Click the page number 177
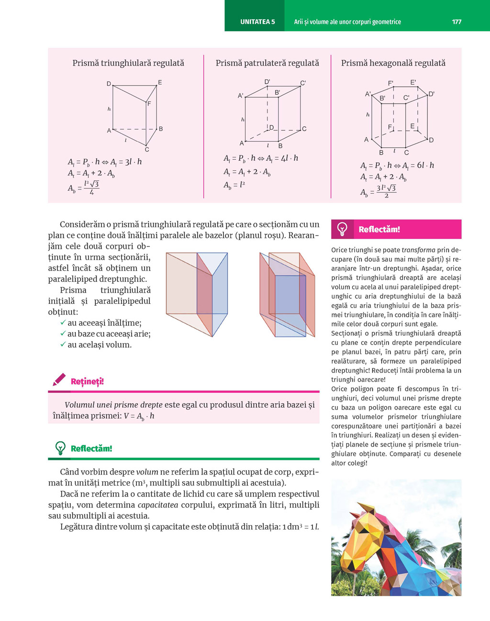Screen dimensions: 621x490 (457, 22)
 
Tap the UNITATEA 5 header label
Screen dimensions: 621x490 (257, 22)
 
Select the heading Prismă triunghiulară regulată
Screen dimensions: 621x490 (128, 63)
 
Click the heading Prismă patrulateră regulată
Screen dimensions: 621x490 (267, 63)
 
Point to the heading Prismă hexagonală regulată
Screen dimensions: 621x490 (393, 63)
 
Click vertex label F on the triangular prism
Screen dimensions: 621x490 (149, 103)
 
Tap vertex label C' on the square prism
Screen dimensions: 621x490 (303, 83)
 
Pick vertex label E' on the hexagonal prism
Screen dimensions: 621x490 (413, 82)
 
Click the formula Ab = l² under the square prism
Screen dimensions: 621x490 (234, 185)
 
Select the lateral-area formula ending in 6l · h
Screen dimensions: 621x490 (397, 166)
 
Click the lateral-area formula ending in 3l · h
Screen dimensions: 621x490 (105, 162)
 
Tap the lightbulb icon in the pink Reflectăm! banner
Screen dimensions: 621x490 (343, 229)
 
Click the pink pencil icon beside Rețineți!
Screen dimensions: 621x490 (59, 380)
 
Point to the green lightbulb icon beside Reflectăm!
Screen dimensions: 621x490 (60, 448)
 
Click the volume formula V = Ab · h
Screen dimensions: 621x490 (139, 416)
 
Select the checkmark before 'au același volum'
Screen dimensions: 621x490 (63, 344)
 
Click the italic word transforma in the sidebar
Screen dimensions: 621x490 (418, 250)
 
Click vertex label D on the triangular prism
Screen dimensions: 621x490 (109, 84)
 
